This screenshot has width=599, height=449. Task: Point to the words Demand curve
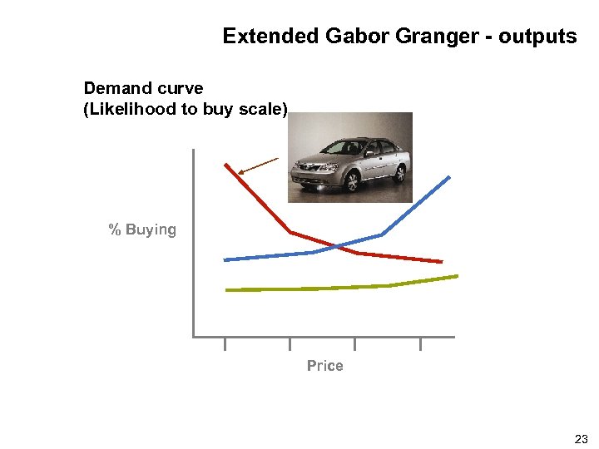coord(143,88)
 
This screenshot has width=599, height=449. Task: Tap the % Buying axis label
coord(142,229)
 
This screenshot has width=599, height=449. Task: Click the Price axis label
coord(324,366)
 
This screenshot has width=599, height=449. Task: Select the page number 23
coord(581,439)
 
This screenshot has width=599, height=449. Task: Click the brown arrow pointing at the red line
coord(258,165)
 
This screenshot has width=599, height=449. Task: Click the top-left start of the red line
coord(225,164)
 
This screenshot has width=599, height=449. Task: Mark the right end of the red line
coord(441,261)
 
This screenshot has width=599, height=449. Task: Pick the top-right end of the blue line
coord(449,177)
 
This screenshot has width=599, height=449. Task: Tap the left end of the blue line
coord(225,260)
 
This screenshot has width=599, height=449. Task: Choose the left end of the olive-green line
coord(227,290)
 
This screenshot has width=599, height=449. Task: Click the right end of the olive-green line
coord(457,276)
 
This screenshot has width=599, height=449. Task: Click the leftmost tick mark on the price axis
coord(225,343)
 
